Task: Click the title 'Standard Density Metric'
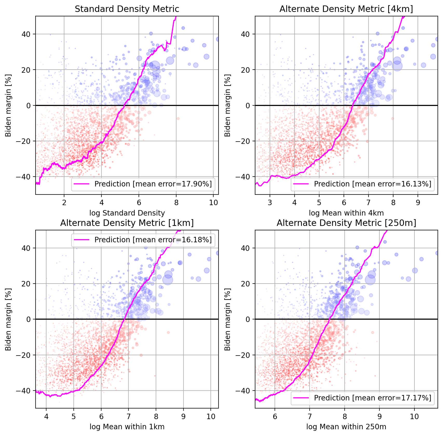pos(127,9)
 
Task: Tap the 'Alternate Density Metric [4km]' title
pos(346,9)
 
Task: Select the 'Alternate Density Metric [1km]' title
pos(127,223)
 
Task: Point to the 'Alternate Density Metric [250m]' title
pos(346,223)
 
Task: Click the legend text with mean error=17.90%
pos(153,184)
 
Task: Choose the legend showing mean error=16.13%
pos(373,184)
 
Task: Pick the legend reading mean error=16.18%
pos(153,240)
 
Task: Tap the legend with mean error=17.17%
pos(373,398)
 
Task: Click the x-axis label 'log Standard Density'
pos(127,213)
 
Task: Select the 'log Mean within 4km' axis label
pos(346,213)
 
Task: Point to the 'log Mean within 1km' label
pos(127,427)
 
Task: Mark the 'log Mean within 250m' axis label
pos(346,427)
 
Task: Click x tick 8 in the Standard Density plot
pos(176,203)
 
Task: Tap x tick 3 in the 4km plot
pos(270,203)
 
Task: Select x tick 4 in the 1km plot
pos(46,417)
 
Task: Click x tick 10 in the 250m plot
pos(414,417)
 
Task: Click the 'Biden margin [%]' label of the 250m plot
pos(228,319)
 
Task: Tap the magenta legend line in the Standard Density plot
pos(81,184)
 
